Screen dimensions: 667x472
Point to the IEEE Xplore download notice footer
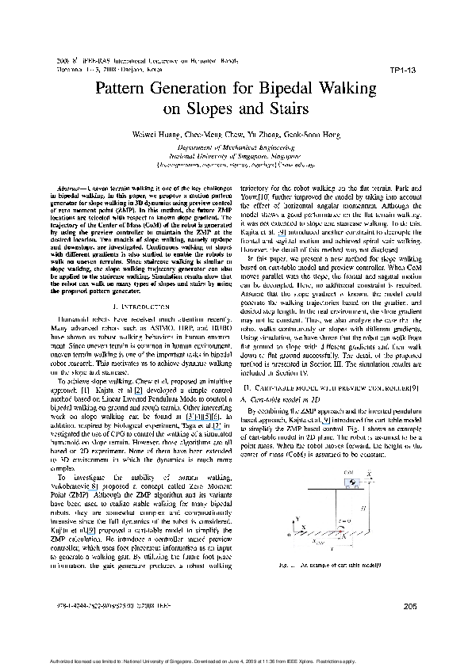click(x=235, y=659)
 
